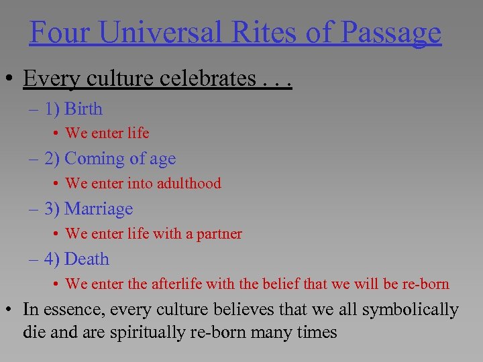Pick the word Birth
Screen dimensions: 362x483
point(83,109)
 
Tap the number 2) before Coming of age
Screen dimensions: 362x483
point(52,159)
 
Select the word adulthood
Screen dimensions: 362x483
point(187,183)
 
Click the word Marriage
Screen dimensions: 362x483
point(99,209)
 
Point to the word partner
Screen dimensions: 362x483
point(219,234)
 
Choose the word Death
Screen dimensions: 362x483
point(87,259)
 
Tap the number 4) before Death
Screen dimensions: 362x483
point(52,259)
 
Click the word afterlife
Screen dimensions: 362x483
point(176,284)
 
